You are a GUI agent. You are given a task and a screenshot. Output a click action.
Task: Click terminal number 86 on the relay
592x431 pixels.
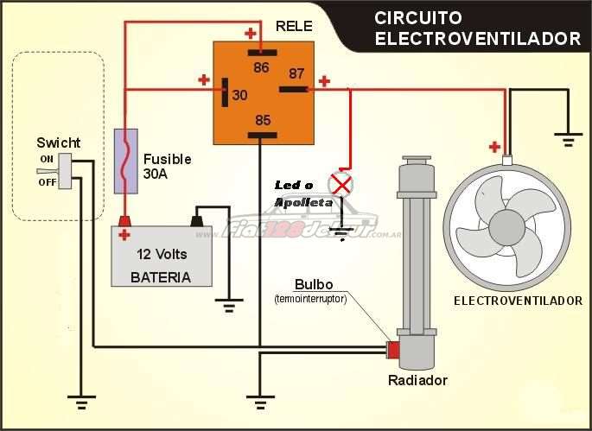(262, 66)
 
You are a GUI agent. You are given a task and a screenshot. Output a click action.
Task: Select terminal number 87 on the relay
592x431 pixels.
(296, 74)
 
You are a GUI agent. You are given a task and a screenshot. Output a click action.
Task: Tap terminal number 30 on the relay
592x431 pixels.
(239, 94)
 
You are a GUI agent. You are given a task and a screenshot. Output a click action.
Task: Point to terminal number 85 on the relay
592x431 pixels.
(262, 120)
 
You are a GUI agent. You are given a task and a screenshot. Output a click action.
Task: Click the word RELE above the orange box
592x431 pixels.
(293, 26)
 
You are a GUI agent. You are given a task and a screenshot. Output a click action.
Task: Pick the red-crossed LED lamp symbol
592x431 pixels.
(343, 183)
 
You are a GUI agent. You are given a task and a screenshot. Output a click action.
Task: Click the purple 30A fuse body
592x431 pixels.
(126, 161)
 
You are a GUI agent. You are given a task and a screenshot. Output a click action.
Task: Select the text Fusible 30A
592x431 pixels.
(166, 166)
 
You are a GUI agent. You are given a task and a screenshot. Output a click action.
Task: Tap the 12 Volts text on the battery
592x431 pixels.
(162, 254)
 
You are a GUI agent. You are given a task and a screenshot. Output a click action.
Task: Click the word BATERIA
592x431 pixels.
(160, 277)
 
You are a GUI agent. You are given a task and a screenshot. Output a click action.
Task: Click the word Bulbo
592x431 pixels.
(311, 284)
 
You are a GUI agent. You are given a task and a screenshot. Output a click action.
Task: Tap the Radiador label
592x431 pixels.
(417, 380)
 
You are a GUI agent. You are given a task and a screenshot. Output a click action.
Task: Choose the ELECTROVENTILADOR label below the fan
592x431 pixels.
(518, 301)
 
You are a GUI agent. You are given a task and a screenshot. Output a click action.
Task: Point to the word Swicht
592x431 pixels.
(58, 143)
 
